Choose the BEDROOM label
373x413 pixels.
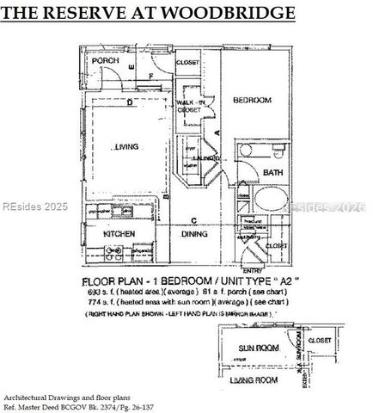pos(253,101)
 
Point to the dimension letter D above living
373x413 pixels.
pos(129,104)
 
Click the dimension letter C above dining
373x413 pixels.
pos(196,219)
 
